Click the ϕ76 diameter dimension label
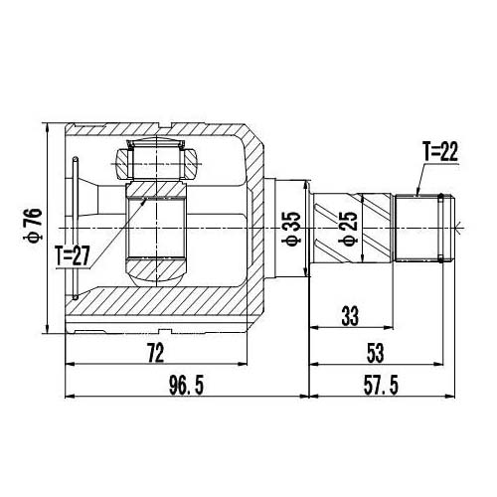[x=32, y=224]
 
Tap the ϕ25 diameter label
[x=349, y=228]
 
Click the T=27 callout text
[x=75, y=255]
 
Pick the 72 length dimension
[x=155, y=352]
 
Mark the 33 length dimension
[x=351, y=317]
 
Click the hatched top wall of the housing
[x=159, y=132]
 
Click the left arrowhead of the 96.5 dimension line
[x=70, y=397]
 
